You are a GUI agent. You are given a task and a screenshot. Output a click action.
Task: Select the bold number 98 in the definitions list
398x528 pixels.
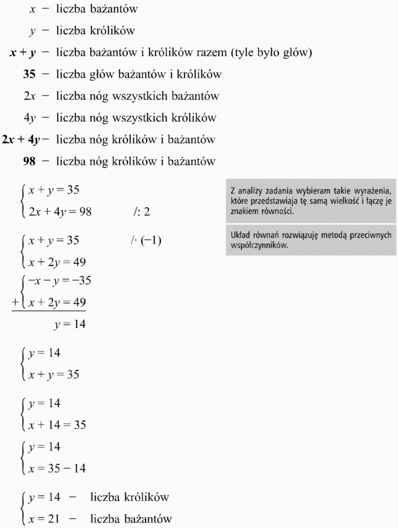[x=29, y=161]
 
